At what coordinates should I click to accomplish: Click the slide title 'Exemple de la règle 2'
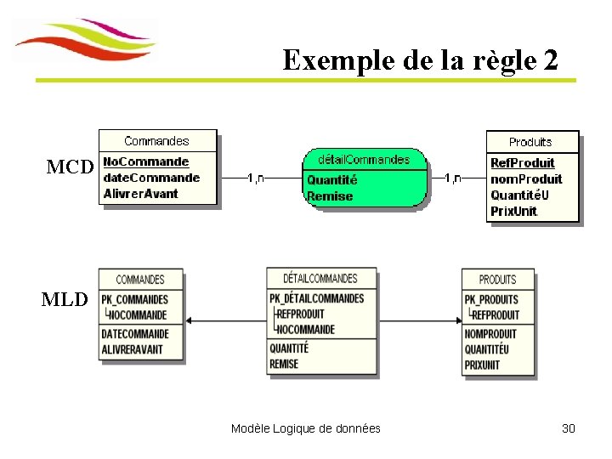[x=421, y=60]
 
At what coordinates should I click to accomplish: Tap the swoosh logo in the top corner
[x=85, y=41]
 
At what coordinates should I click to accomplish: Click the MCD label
[x=69, y=167]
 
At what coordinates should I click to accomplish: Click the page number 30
[x=569, y=428]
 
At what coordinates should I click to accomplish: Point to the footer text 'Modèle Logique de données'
[x=306, y=428]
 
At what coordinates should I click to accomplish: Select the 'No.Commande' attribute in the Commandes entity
[x=146, y=161]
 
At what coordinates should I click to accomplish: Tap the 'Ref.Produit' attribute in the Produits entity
[x=523, y=162]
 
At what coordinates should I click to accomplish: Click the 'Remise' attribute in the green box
[x=330, y=195]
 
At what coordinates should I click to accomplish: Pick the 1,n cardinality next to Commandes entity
[x=255, y=178]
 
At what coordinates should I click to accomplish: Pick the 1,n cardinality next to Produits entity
[x=452, y=178]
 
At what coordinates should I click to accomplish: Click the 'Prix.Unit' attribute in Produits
[x=514, y=211]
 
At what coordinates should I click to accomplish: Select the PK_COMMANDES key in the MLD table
[x=135, y=299]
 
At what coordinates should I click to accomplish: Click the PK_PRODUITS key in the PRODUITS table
[x=492, y=299]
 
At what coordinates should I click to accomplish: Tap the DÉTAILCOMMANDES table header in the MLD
[x=320, y=278]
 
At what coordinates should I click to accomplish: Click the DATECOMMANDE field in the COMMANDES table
[x=135, y=334]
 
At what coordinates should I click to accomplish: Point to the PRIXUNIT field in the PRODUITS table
[x=483, y=365]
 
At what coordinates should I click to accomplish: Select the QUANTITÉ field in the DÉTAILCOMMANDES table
[x=290, y=348]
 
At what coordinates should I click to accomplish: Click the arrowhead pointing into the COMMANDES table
[x=189, y=320]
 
